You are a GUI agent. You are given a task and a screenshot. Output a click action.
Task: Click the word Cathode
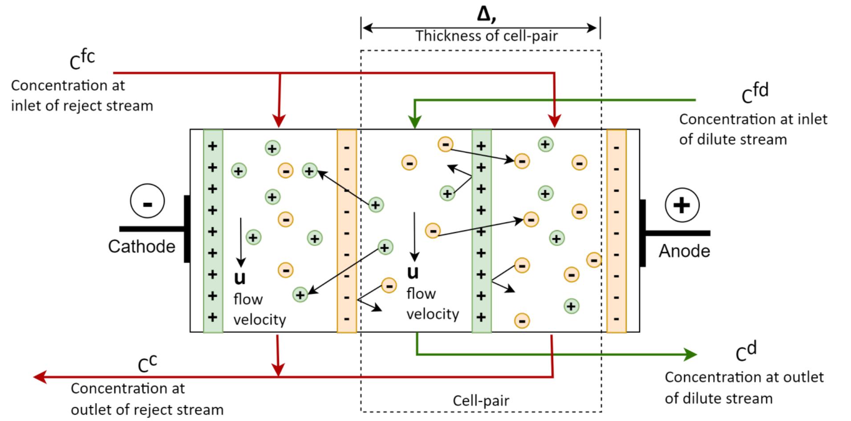click(142, 246)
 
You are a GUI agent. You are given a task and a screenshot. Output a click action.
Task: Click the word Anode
click(684, 251)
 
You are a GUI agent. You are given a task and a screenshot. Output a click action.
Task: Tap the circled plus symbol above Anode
click(681, 205)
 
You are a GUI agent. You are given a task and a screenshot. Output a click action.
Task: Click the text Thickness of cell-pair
click(486, 36)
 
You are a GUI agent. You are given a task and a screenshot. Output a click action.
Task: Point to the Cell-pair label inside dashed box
click(481, 400)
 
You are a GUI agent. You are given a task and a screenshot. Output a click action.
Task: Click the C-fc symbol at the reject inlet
click(82, 60)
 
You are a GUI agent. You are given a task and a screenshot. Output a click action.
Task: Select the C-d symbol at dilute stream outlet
click(746, 352)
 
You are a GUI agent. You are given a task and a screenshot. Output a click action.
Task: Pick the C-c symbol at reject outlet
click(147, 364)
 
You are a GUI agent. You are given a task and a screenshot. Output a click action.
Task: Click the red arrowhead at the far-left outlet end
click(40, 377)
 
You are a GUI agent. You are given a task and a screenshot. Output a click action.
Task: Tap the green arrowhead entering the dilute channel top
click(415, 122)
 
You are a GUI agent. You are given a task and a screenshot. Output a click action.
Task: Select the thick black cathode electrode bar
click(187, 229)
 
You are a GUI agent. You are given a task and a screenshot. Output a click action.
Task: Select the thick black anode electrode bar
click(642, 233)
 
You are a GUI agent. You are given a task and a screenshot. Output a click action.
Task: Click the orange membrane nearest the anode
click(616, 231)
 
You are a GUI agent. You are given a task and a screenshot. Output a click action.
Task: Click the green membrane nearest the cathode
click(213, 231)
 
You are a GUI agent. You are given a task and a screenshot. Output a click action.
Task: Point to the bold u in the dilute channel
click(413, 272)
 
